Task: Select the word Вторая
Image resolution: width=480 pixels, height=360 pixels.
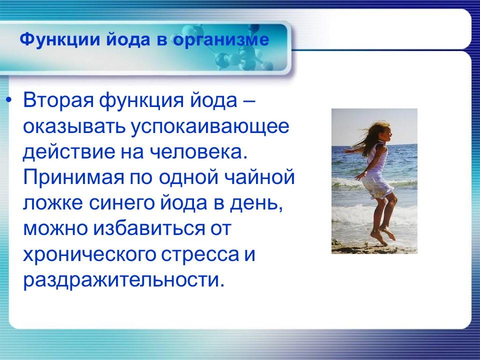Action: [x=58, y=100]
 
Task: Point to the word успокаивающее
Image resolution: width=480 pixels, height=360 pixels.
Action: [x=210, y=126]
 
